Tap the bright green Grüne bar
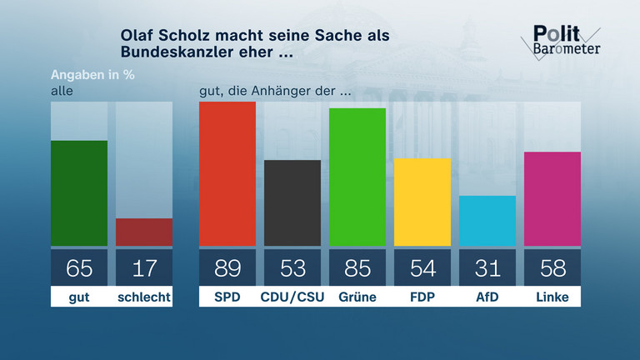pyautogui.click(x=357, y=177)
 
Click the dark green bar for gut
pyautogui.click(x=79, y=193)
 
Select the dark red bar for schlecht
pyautogui.click(x=144, y=232)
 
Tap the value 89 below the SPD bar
pyautogui.click(x=227, y=268)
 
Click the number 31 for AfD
pyautogui.click(x=487, y=268)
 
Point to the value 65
pyautogui.click(x=79, y=268)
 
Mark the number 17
pyautogui.click(x=144, y=268)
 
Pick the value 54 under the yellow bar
pyautogui.click(x=422, y=268)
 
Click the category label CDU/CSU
pyautogui.click(x=292, y=297)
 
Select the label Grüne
pyautogui.click(x=357, y=297)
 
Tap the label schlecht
pyautogui.click(x=144, y=297)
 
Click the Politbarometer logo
pyautogui.click(x=565, y=40)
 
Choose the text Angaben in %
pyautogui.click(x=92, y=73)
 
